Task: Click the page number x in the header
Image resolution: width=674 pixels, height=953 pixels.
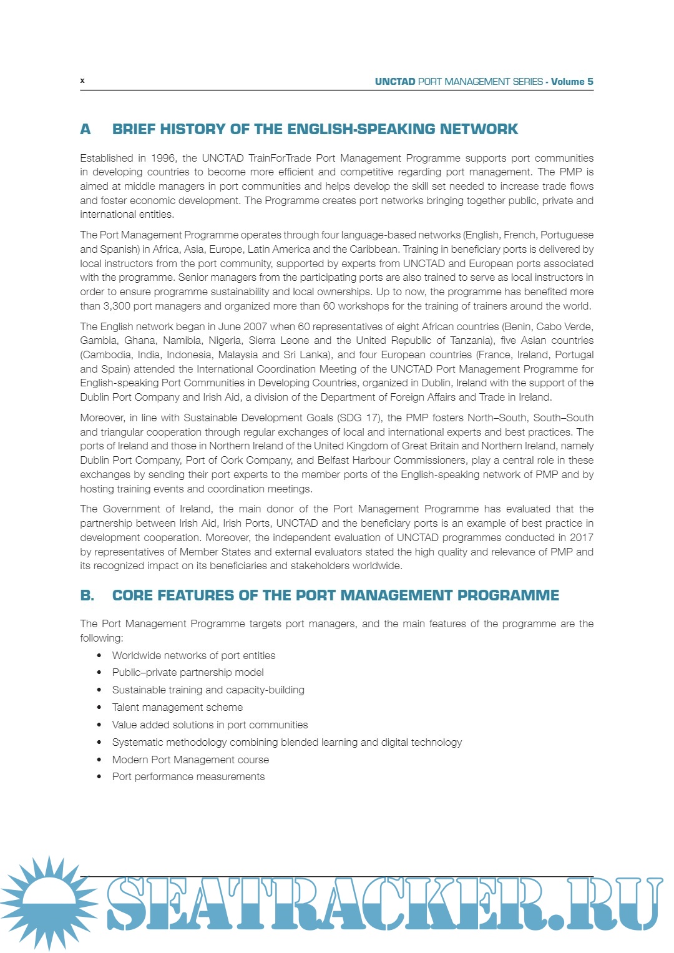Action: (x=82, y=81)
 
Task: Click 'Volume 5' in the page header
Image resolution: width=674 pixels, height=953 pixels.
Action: (x=572, y=82)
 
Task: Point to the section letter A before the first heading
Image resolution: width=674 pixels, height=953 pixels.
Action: (x=85, y=129)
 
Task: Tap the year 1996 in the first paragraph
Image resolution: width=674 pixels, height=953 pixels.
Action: (x=164, y=158)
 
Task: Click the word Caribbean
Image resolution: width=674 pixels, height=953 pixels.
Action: (x=373, y=249)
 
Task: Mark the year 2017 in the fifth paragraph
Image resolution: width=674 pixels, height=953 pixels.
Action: (x=580, y=537)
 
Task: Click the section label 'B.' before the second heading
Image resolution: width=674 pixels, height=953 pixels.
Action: (x=87, y=595)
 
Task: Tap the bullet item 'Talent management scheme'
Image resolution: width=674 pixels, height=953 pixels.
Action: (x=177, y=707)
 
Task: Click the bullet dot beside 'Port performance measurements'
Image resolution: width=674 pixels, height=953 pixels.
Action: (x=99, y=777)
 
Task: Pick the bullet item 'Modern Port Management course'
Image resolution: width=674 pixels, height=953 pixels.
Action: (x=190, y=760)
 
